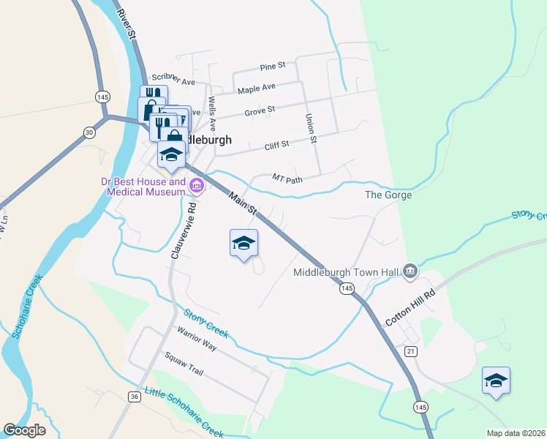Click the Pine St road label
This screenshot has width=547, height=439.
[272, 67]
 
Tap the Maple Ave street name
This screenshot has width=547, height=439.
[257, 89]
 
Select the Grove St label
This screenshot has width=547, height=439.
[260, 110]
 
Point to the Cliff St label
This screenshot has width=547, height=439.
[277, 145]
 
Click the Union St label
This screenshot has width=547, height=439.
[311, 128]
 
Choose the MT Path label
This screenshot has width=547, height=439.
[287, 178]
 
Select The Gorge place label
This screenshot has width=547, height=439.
[388, 195]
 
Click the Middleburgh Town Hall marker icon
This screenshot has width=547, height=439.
[410, 272]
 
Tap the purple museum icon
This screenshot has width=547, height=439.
[196, 187]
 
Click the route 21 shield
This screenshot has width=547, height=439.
[411, 352]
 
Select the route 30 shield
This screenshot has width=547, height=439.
[89, 132]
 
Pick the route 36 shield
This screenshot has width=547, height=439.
[134, 397]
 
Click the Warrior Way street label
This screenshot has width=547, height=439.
[197, 339]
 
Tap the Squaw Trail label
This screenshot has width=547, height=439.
[182, 364]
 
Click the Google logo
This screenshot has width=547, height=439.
[24, 430]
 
